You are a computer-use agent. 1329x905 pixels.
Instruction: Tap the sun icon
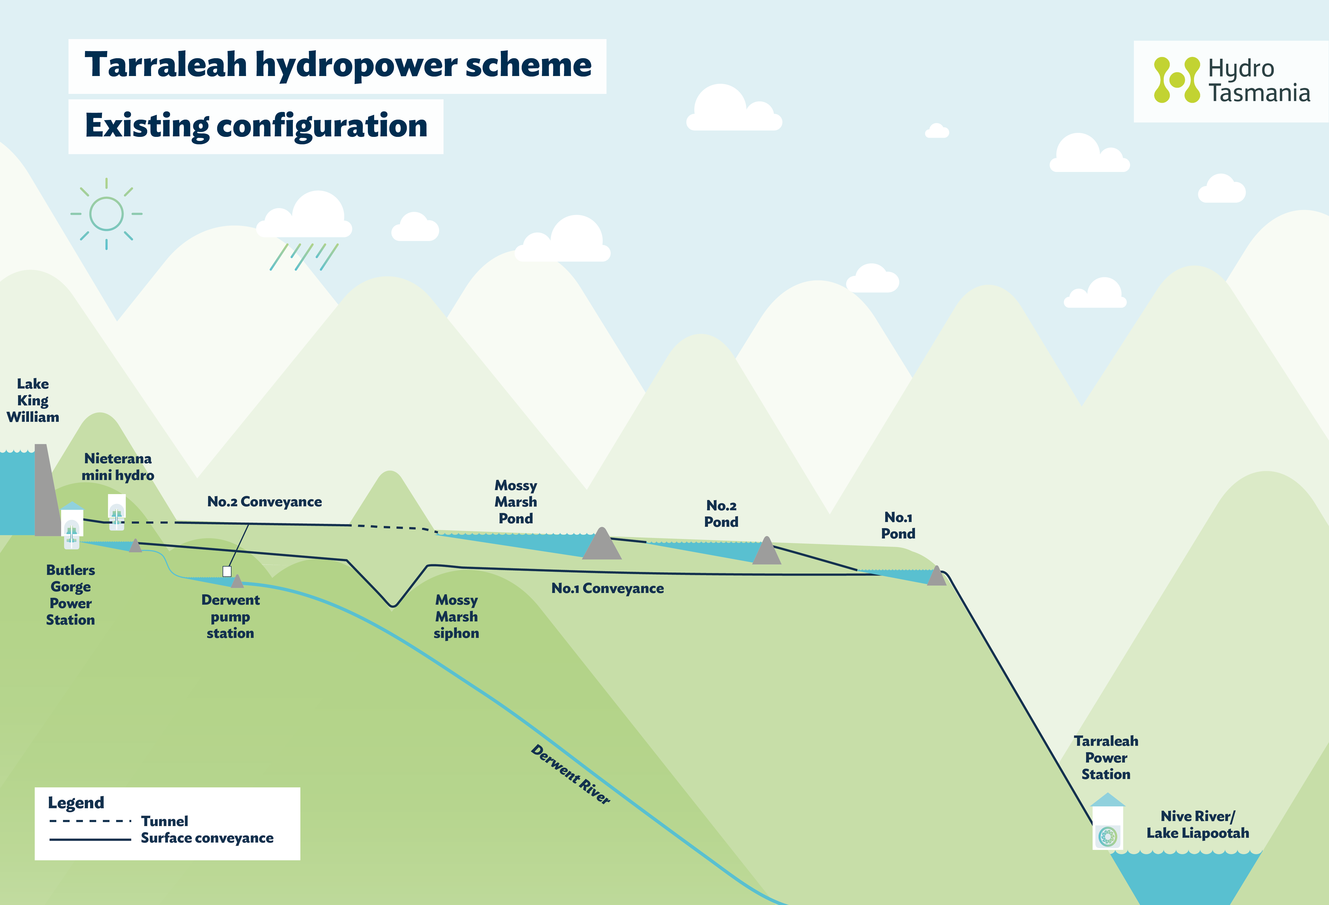[106, 214]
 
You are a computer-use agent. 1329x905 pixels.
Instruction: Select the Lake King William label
[33, 401]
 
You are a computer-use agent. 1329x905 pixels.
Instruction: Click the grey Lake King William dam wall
[46, 492]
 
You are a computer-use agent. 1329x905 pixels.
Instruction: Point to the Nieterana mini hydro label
[118, 467]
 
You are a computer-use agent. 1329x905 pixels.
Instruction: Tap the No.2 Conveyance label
[264, 502]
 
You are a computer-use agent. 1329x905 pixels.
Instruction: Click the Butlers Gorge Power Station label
[70, 595]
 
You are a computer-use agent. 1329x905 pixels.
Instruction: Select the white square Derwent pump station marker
[227, 571]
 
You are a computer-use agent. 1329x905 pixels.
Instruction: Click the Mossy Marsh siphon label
[456, 617]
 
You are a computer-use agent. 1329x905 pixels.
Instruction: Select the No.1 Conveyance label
[607, 588]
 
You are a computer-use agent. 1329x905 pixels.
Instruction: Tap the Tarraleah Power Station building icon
[1108, 824]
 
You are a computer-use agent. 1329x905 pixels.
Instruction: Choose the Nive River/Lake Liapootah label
[1197, 824]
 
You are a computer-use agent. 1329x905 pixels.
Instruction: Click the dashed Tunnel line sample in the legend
[90, 821]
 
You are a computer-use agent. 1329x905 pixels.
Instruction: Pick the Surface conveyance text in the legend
[207, 838]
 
